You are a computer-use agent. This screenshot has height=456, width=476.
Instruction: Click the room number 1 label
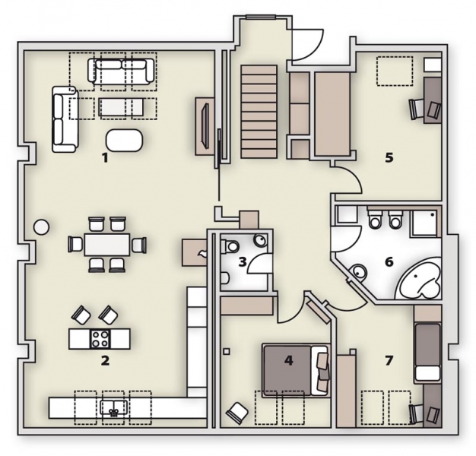click(105, 158)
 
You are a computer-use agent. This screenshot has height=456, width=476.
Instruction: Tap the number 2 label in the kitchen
click(105, 361)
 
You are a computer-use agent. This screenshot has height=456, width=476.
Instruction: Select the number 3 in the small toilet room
click(243, 261)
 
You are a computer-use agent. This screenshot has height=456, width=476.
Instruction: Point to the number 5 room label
click(389, 158)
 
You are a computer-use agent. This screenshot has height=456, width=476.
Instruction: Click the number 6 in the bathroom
click(389, 261)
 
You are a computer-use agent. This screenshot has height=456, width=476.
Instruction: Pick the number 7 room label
click(389, 361)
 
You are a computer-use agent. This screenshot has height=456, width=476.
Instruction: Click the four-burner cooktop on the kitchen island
click(100, 339)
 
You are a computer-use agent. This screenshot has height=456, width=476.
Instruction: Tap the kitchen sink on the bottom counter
click(113, 407)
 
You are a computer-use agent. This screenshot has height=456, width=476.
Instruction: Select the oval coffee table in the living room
click(124, 140)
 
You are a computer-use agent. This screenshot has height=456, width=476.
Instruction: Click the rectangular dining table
click(107, 244)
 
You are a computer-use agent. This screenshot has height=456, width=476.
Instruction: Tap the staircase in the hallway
click(259, 112)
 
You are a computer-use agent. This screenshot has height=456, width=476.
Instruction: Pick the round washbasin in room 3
click(261, 241)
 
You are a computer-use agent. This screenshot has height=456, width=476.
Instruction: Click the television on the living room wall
click(205, 125)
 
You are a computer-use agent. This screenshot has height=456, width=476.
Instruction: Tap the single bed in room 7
click(427, 352)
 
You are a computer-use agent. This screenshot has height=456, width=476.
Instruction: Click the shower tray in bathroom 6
click(424, 223)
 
